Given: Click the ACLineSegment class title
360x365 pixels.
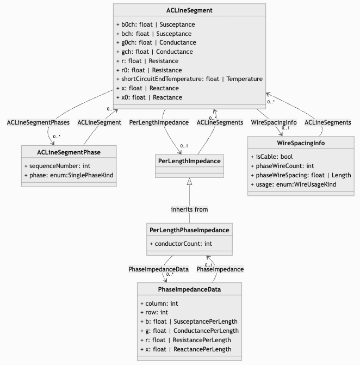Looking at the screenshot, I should point(189,10).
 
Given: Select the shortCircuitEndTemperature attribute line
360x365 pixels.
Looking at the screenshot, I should point(189,79).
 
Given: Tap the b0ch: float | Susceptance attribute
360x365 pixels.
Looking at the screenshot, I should point(156,24).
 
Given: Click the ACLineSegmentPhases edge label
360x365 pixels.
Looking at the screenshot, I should point(38,122).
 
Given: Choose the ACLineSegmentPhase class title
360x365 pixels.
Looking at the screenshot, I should point(69,151).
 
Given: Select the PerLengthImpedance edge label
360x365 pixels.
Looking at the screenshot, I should point(159,122).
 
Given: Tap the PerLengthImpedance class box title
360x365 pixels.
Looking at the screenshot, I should point(189,161).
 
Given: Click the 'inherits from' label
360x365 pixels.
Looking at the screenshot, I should point(189,209).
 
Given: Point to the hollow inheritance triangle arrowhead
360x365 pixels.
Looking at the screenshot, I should point(189,181).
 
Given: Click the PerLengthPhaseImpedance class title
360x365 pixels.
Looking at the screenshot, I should point(189,230).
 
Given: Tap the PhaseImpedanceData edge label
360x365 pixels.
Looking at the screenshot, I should point(159,269).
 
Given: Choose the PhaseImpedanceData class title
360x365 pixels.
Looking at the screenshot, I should point(189,289).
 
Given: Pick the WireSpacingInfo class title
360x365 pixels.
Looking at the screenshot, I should point(301,143).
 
